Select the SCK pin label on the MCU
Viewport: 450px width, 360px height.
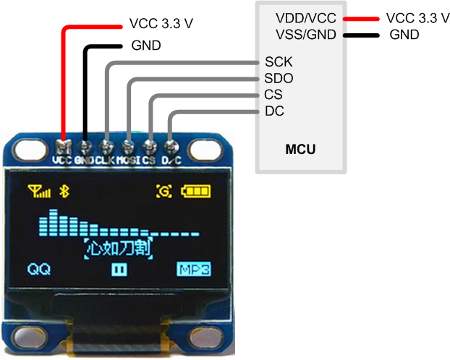click(x=279, y=62)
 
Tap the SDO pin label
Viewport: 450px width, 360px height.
click(x=279, y=78)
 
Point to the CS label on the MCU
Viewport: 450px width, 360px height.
click(x=273, y=95)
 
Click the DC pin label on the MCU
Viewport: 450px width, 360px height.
click(x=274, y=111)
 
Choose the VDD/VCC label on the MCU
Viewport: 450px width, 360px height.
click(x=305, y=17)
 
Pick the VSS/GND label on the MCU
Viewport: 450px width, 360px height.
click(x=305, y=34)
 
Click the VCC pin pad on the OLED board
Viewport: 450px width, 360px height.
click(x=64, y=141)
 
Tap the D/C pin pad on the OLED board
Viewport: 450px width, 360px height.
click(x=171, y=142)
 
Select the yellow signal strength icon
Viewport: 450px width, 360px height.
click(x=39, y=192)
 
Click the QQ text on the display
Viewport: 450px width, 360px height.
click(x=38, y=270)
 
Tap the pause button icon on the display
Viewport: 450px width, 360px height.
click(x=119, y=270)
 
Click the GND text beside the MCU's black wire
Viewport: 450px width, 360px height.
click(x=405, y=34)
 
